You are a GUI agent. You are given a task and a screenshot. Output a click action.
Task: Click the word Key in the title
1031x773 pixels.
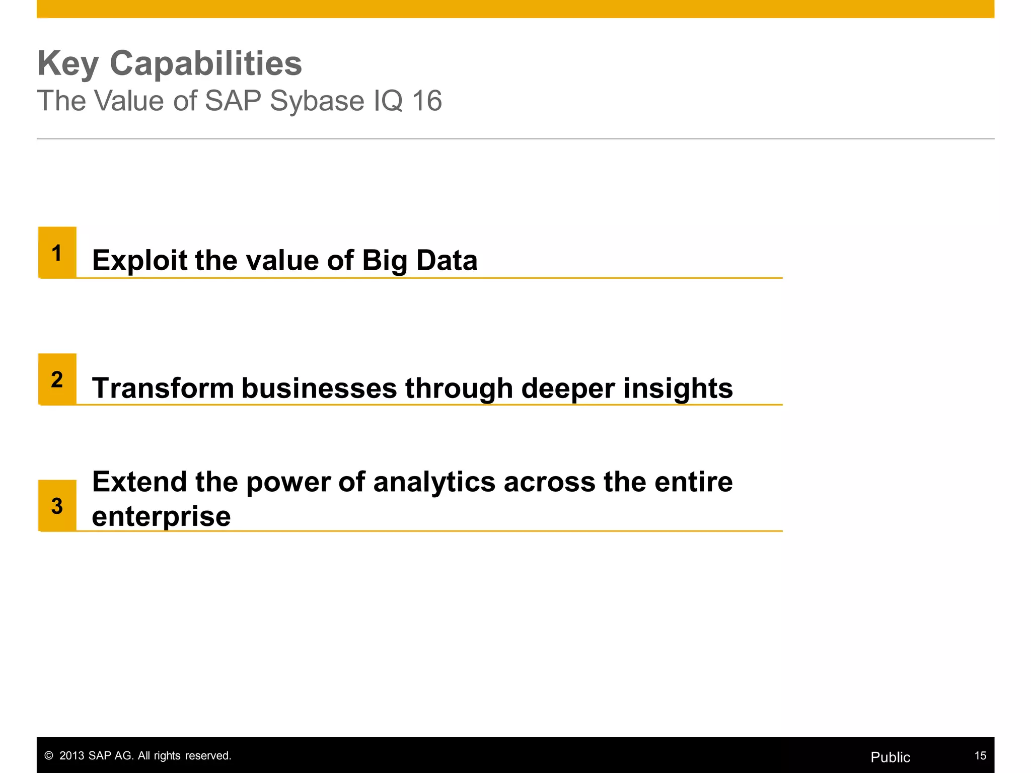(x=67, y=64)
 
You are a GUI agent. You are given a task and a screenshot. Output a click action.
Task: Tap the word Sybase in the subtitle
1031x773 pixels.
(x=317, y=101)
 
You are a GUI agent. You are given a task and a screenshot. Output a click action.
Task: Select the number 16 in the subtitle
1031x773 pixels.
(x=426, y=101)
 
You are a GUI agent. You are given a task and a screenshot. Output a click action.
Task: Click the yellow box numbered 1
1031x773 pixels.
(x=57, y=253)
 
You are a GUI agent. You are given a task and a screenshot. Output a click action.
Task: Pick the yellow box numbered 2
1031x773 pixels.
(x=57, y=379)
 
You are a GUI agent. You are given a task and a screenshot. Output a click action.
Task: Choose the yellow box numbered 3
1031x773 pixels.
(x=57, y=506)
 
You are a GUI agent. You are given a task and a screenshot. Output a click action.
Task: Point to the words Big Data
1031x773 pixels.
(x=419, y=261)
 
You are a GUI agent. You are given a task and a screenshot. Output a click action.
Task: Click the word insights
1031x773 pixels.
(x=678, y=389)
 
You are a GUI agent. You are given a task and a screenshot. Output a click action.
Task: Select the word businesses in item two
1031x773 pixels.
(x=319, y=389)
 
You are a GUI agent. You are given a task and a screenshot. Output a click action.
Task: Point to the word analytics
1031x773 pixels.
(x=434, y=482)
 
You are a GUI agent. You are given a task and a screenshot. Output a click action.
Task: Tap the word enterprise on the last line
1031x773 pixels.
(x=161, y=517)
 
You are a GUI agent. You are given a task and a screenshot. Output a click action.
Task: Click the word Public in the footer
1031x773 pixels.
(x=890, y=757)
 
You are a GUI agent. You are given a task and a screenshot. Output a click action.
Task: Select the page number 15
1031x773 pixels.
(x=980, y=756)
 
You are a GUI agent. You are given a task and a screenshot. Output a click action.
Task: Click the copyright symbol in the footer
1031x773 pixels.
(x=49, y=756)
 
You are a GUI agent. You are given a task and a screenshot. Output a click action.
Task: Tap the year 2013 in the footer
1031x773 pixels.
(x=71, y=756)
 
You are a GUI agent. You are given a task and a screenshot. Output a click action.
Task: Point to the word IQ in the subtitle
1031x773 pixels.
(x=388, y=101)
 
